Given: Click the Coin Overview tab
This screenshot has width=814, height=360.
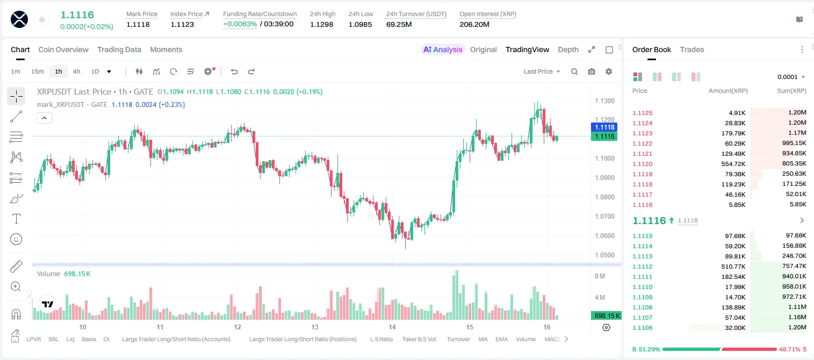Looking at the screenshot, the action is click(63, 49).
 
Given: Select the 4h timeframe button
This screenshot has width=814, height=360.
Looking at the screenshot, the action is click(76, 71).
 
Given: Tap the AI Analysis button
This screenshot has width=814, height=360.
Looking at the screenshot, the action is click(443, 49).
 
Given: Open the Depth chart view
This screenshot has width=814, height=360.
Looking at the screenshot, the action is click(568, 49).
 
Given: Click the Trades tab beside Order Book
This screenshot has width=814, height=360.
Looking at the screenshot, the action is click(692, 49).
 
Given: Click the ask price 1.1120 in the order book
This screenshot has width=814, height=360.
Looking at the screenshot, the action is click(643, 164).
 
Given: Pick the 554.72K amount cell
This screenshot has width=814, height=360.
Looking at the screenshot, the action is click(733, 164).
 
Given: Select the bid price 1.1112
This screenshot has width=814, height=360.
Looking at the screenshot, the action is click(643, 267).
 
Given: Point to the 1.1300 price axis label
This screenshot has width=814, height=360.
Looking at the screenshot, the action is click(604, 101).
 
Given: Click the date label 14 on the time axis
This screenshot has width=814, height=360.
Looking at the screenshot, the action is click(392, 327).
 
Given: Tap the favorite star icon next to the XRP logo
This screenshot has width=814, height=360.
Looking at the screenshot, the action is click(42, 20).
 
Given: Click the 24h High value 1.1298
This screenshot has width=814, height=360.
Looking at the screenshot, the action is click(322, 24).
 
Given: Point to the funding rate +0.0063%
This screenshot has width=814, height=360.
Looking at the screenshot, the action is click(240, 24).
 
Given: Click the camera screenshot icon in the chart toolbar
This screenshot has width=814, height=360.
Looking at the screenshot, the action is click(591, 71).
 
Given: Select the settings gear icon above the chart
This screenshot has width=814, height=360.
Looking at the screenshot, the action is click(609, 71).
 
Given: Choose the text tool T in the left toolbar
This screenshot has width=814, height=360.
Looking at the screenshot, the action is click(16, 219).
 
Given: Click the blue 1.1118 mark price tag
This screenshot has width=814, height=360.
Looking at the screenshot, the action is click(604, 127).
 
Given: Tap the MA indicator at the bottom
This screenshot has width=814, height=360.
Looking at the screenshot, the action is click(483, 339).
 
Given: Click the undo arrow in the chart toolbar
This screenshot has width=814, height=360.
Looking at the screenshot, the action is click(234, 71).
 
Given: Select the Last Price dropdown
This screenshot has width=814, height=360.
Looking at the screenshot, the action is click(542, 71).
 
